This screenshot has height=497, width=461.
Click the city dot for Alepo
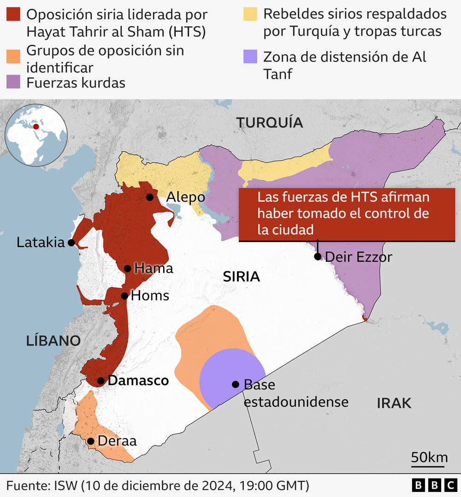150,197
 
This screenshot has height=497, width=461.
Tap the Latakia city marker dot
71,243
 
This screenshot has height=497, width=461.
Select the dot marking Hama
128,269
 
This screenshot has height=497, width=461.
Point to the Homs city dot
124,296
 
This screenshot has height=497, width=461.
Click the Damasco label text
138,381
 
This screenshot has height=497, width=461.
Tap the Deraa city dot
91,441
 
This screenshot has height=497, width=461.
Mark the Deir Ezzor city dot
318,256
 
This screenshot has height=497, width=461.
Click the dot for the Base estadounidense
236,384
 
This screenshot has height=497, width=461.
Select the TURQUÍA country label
269,122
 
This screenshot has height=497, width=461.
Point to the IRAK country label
394,403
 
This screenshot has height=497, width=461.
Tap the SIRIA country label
242,277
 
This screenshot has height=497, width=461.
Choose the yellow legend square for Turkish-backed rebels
250,15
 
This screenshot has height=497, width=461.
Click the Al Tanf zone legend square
250,57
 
